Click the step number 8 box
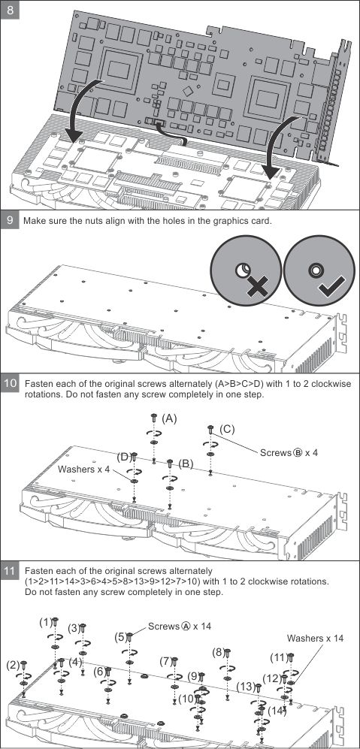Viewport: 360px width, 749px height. pyautogui.click(x=10, y=10)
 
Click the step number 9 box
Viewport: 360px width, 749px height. pyautogui.click(x=10, y=220)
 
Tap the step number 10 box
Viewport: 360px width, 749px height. pyautogui.click(x=10, y=384)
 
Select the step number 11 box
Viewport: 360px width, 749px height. pyautogui.click(x=10, y=571)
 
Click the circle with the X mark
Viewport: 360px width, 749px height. pyautogui.click(x=246, y=270)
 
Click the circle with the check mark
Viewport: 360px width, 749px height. pyautogui.click(x=319, y=270)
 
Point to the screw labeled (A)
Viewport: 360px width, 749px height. pyautogui.click(x=154, y=418)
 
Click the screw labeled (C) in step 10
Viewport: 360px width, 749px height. pyautogui.click(x=210, y=429)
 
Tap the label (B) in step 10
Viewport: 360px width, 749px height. pyautogui.click(x=186, y=464)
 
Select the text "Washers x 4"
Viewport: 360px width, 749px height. pyautogui.click(x=83, y=469)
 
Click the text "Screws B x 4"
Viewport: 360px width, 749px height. pyautogui.click(x=289, y=452)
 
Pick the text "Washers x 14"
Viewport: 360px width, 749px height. pyautogui.click(x=315, y=638)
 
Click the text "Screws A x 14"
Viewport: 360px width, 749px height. pyautogui.click(x=180, y=626)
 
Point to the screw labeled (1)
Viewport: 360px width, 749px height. pyautogui.click(x=55, y=622)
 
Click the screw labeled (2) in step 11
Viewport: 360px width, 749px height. pyautogui.click(x=24, y=665)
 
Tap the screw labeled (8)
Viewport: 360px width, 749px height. pyautogui.click(x=228, y=653)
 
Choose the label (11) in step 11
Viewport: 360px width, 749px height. pyautogui.click(x=278, y=657)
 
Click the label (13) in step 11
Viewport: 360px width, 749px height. pyautogui.click(x=246, y=687)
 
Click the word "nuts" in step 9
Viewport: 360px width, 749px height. pyautogui.click(x=89, y=221)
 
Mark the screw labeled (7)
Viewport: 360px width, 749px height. pyautogui.click(x=174, y=662)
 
